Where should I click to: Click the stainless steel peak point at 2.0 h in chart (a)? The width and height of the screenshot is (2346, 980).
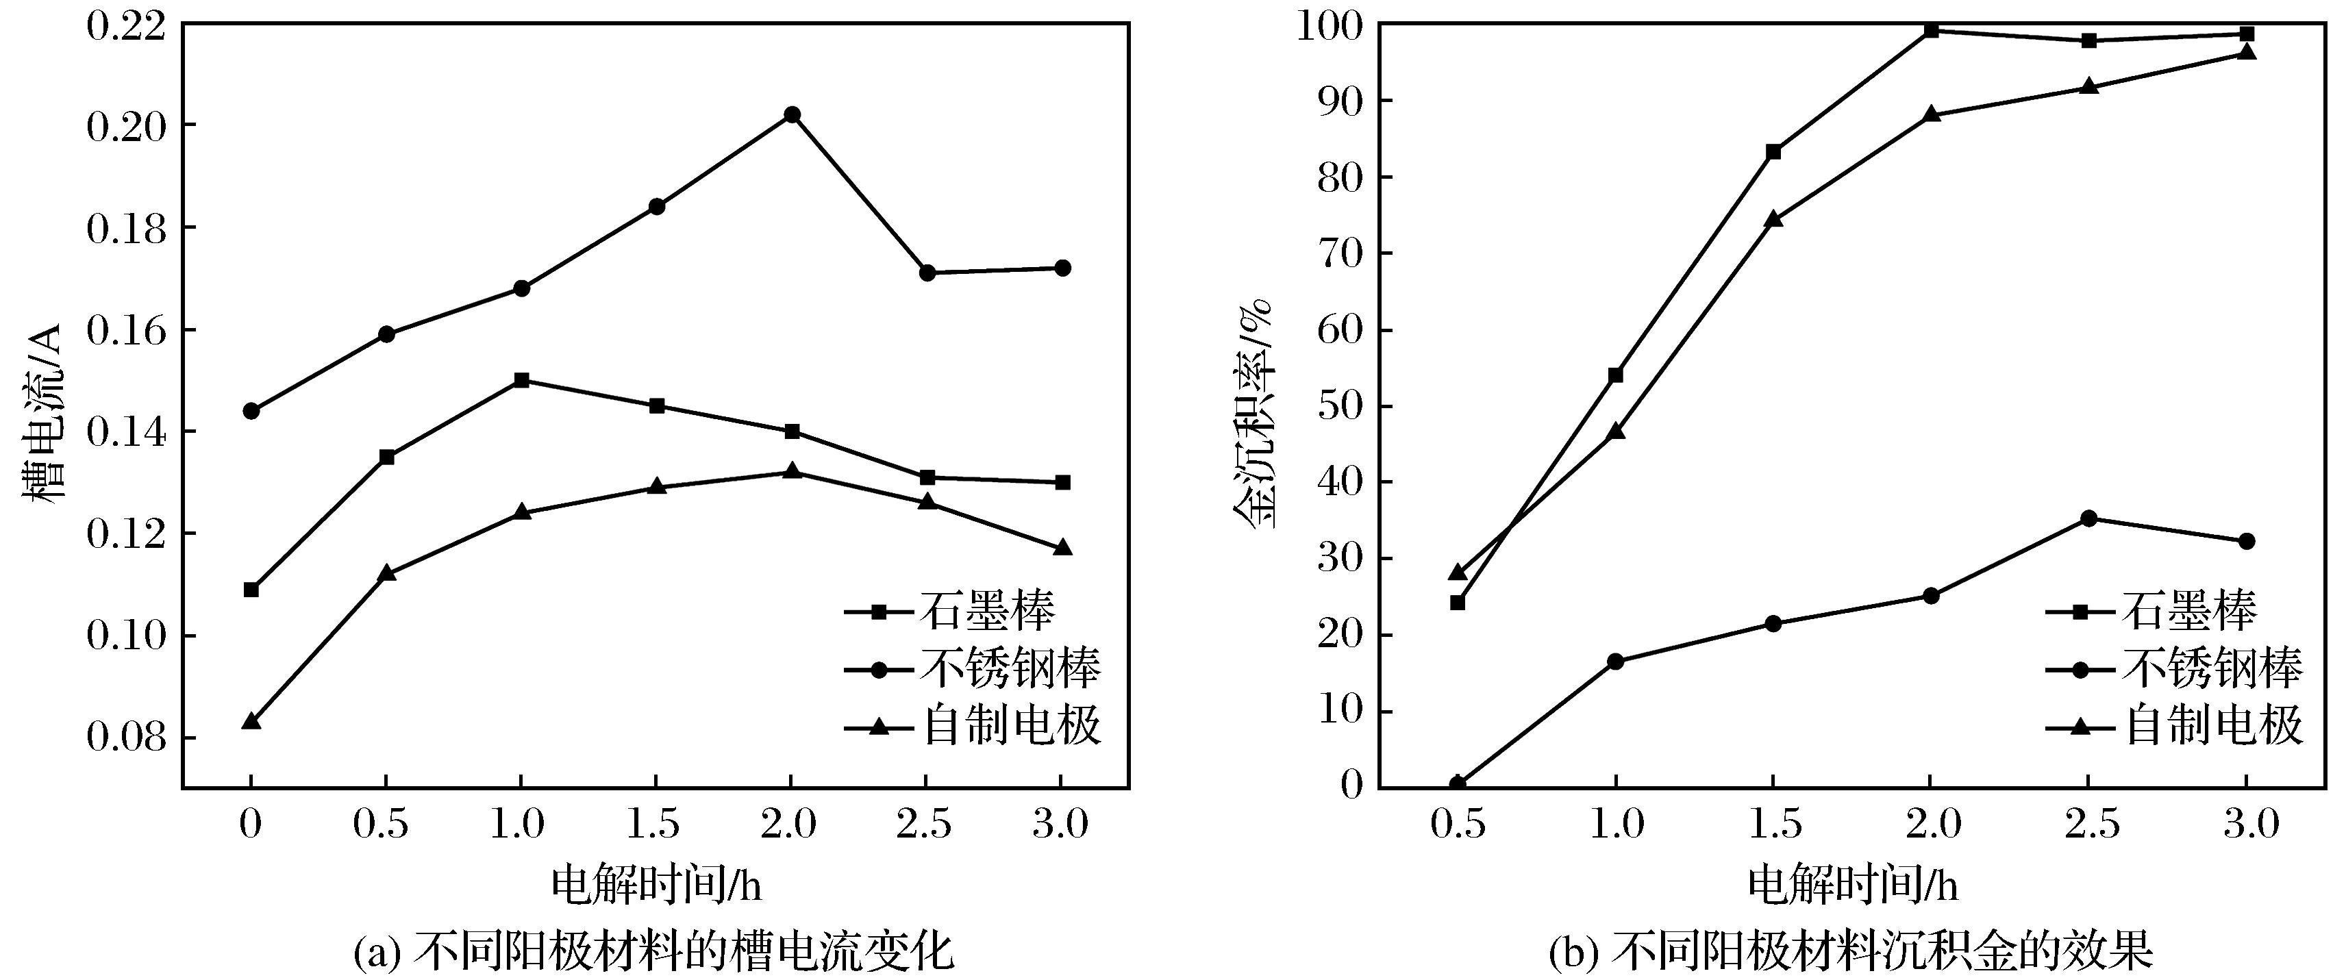pos(791,115)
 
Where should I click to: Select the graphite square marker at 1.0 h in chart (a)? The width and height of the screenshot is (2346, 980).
pos(521,380)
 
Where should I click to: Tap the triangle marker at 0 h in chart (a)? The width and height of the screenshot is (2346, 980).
pos(251,721)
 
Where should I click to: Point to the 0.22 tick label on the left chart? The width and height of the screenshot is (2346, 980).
pos(127,25)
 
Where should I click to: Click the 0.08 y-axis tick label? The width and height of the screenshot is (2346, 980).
pos(127,738)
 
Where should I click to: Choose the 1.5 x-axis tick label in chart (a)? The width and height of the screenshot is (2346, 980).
pos(654,825)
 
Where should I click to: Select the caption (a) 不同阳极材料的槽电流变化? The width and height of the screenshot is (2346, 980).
pos(654,952)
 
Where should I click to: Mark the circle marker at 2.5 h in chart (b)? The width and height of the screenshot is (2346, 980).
pos(2089,518)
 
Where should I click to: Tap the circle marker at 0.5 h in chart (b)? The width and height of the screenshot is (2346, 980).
pos(1457,783)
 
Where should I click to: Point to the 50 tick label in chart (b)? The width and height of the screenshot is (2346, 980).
pos(1338,406)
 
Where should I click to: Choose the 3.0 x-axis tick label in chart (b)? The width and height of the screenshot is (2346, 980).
pos(2246,825)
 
